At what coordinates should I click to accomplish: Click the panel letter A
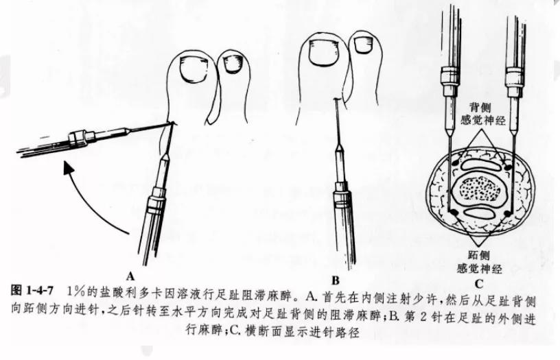130,276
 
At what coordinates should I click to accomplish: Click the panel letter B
335,280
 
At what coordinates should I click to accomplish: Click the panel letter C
479,284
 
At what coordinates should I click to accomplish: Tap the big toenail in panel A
194,69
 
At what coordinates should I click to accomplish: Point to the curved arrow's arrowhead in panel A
68,168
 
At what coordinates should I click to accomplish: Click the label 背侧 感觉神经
483,115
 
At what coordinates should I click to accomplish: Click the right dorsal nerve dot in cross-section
507,165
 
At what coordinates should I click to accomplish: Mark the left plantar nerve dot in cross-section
453,213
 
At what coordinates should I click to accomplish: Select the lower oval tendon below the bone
480,213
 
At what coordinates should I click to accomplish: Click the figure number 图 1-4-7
32,290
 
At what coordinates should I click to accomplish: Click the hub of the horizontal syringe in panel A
78,138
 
